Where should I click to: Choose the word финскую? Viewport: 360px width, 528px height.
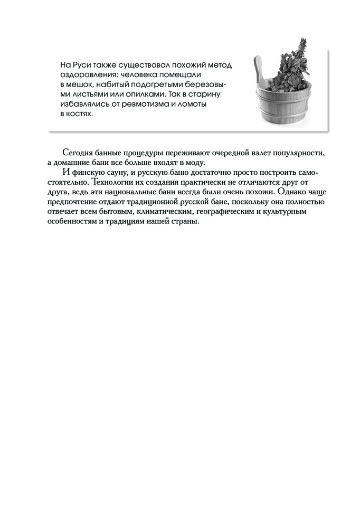pyautogui.click(x=87, y=173)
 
